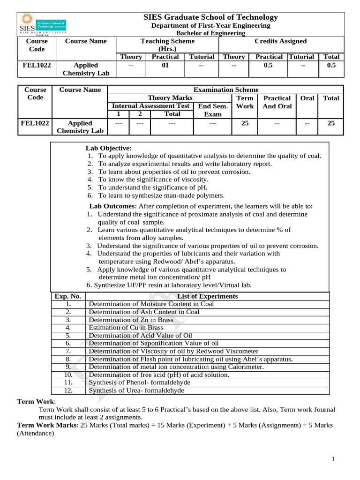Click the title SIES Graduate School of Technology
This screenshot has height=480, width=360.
point(210,17)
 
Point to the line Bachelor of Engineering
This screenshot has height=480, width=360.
point(210,33)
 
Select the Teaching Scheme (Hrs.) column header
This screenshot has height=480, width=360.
point(167,45)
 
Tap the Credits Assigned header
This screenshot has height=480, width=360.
point(280,41)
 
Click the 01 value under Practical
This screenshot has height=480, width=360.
point(165,65)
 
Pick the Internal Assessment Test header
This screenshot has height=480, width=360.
point(151,106)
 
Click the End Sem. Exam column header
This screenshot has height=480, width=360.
point(213,110)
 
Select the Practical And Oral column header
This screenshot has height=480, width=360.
point(277,102)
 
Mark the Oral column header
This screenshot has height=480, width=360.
point(307,98)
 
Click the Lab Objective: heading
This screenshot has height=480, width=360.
point(108,148)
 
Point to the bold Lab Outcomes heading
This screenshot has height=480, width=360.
point(112,206)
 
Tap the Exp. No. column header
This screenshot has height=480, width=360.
point(68,296)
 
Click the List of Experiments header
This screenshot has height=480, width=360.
point(208,296)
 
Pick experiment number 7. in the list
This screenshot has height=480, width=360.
point(68,351)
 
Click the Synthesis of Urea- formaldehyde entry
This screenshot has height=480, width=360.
point(136,390)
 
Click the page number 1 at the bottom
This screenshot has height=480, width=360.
point(333,459)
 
